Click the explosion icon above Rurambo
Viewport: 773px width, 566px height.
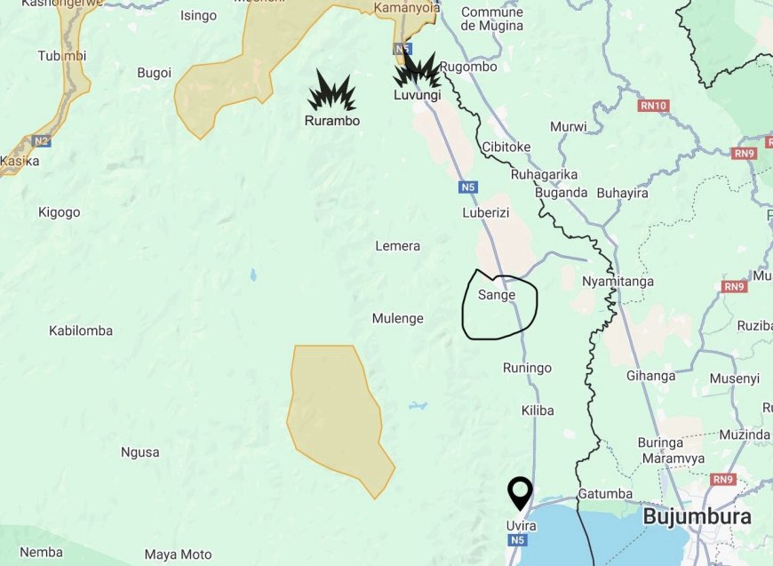click(x=331, y=92)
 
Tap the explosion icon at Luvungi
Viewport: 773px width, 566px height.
click(x=418, y=72)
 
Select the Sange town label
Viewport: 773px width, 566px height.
click(x=497, y=295)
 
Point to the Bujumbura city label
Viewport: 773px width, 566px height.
click(x=697, y=516)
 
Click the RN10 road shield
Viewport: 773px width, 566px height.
click(x=653, y=106)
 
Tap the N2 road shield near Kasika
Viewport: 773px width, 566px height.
click(x=42, y=141)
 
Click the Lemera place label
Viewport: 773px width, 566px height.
click(x=397, y=246)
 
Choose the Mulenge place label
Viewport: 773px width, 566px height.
click(x=397, y=318)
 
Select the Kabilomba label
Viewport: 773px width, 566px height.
click(x=81, y=331)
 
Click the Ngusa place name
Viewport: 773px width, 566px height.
click(x=139, y=452)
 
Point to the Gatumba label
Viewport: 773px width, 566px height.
click(x=605, y=493)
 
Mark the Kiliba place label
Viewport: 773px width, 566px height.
click(x=538, y=411)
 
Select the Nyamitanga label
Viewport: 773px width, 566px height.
click(x=618, y=282)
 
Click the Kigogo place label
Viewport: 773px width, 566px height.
click(x=60, y=212)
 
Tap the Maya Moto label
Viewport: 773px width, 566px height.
click(x=178, y=554)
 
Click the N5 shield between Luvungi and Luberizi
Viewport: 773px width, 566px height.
click(x=469, y=187)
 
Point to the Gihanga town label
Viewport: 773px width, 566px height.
click(x=650, y=376)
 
